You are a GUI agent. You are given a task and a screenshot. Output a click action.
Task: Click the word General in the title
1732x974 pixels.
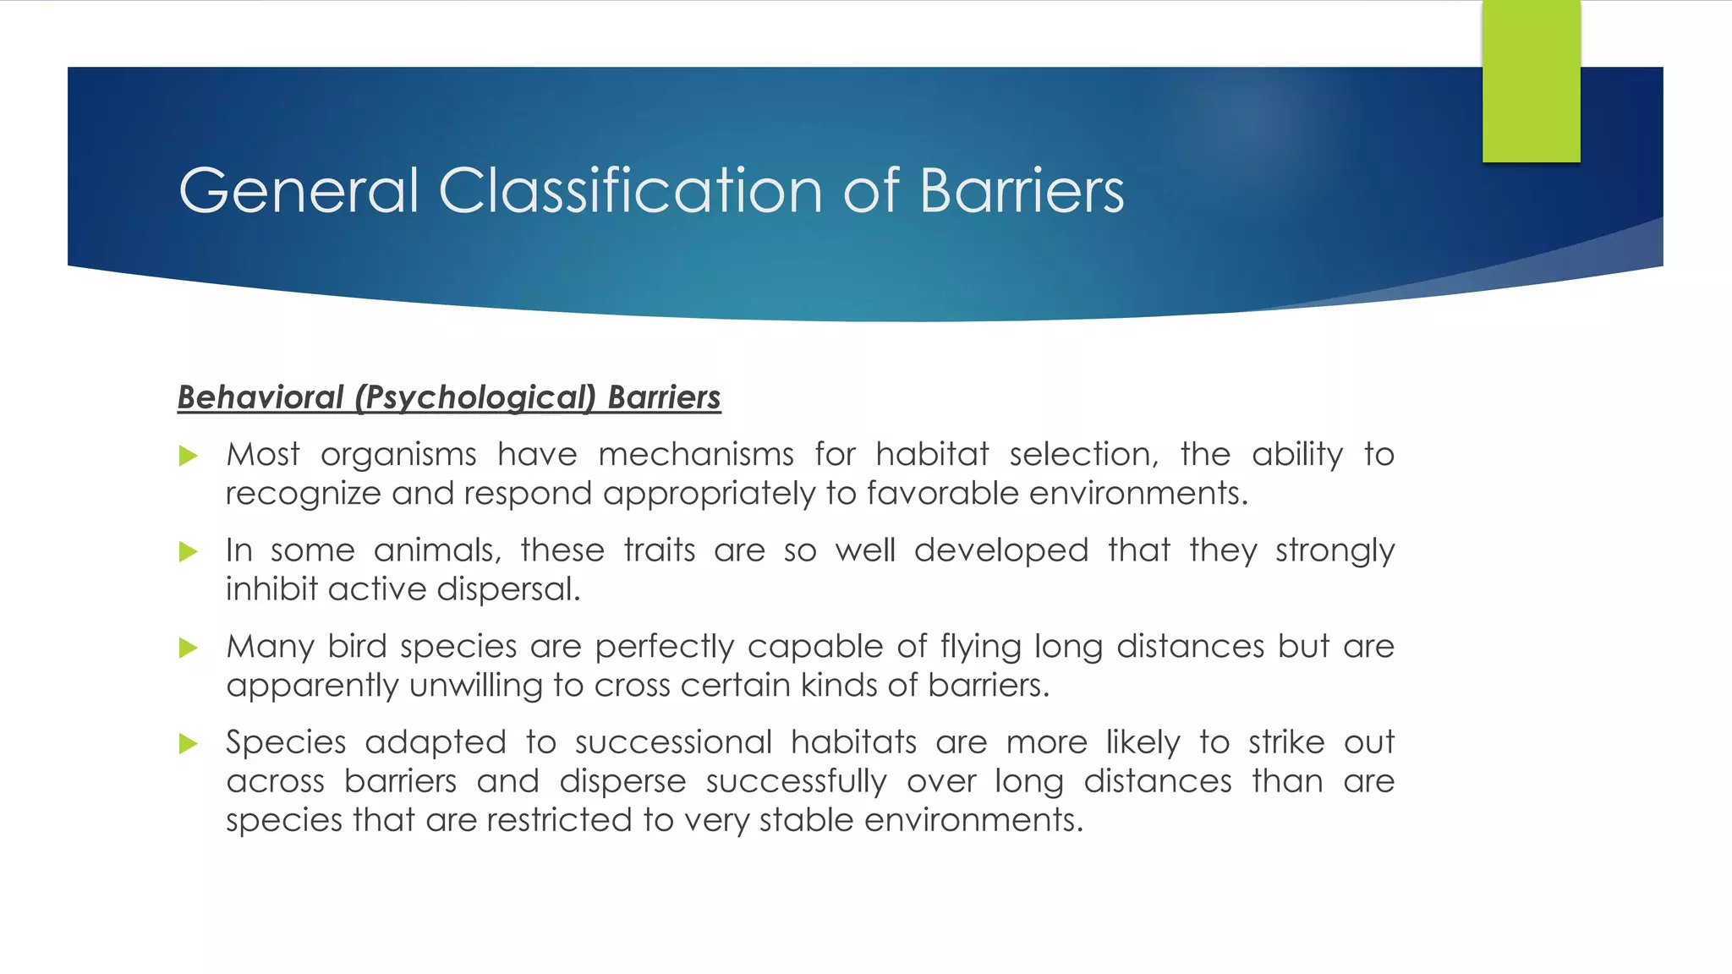coord(299,190)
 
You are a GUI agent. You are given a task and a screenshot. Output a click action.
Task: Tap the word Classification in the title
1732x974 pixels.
coord(631,190)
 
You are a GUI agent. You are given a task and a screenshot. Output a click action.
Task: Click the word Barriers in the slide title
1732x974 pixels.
coord(1022,190)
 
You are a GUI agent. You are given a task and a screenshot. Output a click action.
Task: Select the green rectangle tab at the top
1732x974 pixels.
coord(1531,81)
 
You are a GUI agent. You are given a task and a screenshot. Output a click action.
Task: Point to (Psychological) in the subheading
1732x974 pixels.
coord(475,397)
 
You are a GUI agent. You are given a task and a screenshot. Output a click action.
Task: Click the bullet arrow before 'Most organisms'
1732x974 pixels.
coord(189,457)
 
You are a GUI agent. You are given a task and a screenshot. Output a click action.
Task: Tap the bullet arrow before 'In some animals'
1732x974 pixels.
coord(189,552)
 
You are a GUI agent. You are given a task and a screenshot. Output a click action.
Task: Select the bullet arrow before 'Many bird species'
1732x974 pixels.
coord(189,648)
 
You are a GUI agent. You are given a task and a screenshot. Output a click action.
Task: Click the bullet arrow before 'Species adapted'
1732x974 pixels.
coord(189,744)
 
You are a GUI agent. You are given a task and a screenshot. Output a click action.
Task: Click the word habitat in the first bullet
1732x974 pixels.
coord(932,455)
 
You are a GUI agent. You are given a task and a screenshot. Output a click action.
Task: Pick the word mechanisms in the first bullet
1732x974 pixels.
coord(695,455)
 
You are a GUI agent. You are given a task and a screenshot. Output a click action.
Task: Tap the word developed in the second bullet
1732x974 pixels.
coord(1000,550)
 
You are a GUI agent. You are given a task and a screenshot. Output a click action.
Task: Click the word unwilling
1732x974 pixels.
coord(475,686)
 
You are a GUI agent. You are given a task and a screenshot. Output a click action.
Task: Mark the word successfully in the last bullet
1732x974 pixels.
coord(796,781)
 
